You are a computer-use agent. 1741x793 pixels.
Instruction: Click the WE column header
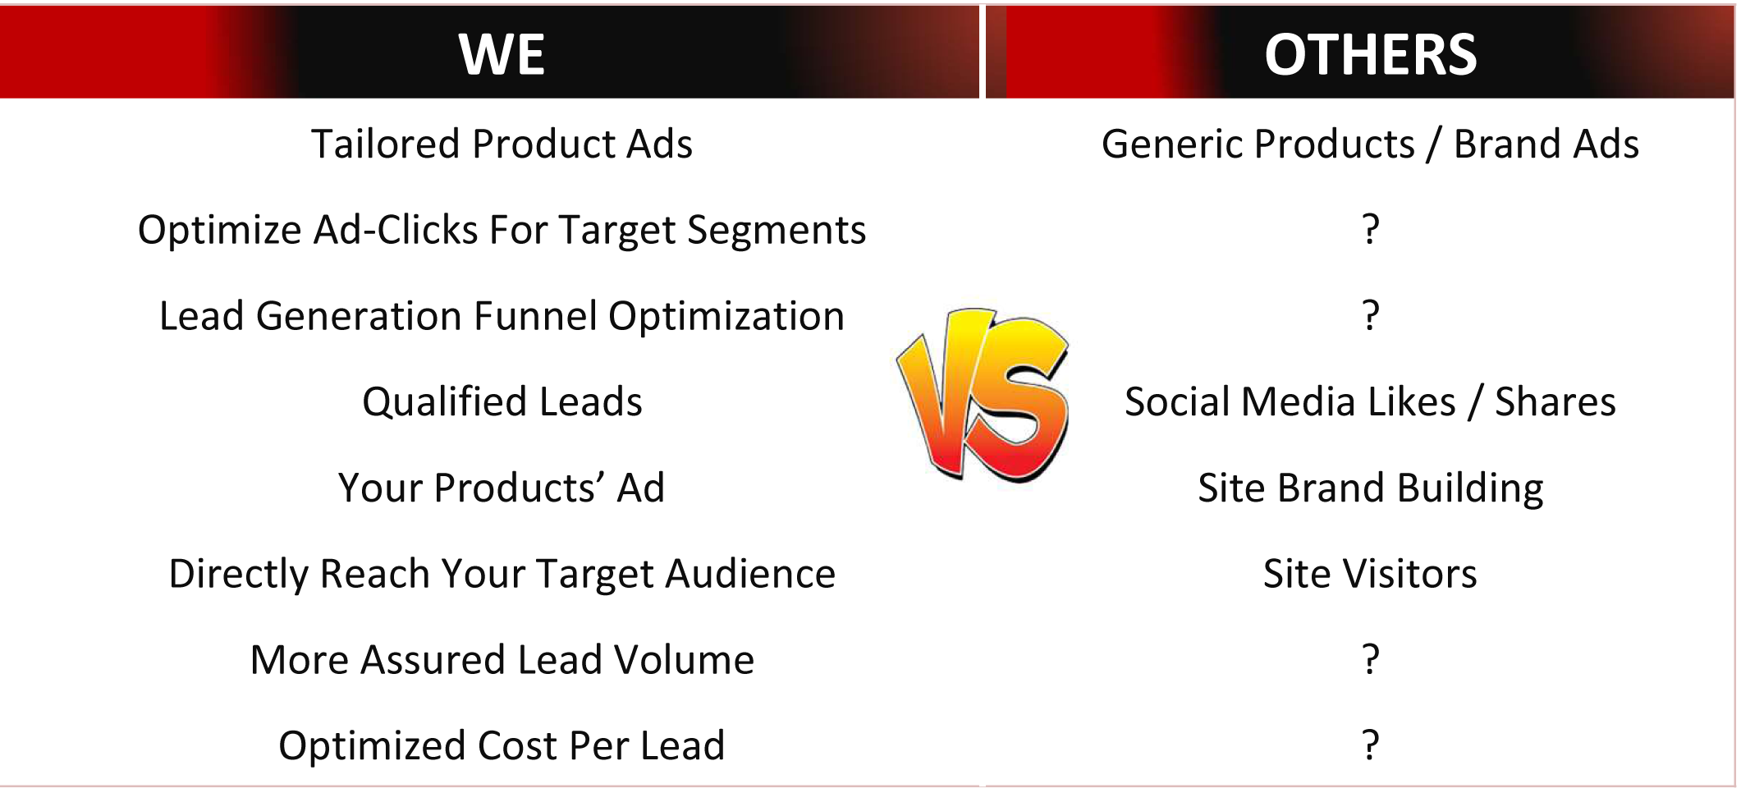pos(502,55)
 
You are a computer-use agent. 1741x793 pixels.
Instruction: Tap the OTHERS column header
pos(1370,55)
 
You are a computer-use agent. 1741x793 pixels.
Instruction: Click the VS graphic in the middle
pos(983,396)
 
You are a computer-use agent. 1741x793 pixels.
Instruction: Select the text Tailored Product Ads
pos(502,144)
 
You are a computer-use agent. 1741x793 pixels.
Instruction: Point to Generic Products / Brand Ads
pos(1370,144)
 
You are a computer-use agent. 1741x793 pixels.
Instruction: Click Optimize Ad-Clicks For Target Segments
pos(502,231)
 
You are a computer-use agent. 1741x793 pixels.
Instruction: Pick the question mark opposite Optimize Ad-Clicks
pos(1370,229)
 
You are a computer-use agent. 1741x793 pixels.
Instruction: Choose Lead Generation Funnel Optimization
pos(502,316)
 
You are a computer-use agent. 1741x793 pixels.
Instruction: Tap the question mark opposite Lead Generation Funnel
pos(1370,315)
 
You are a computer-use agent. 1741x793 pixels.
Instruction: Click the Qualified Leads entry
pos(502,402)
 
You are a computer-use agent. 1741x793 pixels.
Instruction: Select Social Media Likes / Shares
pos(1370,402)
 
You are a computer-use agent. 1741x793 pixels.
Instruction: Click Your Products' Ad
pos(502,488)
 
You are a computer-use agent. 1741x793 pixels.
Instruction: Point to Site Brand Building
pos(1370,488)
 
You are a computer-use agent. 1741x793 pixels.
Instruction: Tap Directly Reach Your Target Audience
pos(502,575)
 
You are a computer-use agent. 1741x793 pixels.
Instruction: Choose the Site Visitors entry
pos(1370,574)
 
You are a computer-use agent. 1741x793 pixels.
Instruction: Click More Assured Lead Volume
pos(502,660)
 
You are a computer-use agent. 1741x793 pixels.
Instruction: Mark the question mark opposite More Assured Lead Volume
pos(1370,659)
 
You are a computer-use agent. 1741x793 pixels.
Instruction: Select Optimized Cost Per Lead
pos(502,746)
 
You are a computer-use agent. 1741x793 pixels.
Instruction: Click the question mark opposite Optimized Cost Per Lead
pos(1370,745)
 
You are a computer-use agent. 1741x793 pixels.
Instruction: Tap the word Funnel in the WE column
pos(535,316)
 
